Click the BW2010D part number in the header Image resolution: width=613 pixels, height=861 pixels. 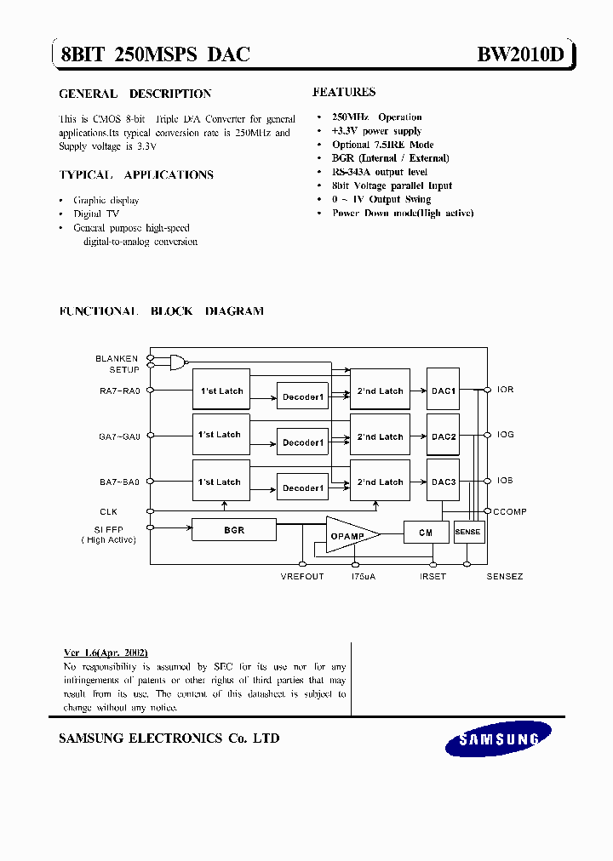[520, 55]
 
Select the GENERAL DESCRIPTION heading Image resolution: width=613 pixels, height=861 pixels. [135, 94]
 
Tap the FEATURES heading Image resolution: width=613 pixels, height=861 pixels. [344, 92]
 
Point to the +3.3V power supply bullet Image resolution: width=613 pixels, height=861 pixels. [376, 131]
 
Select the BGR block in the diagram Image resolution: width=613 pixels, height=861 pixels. [234, 530]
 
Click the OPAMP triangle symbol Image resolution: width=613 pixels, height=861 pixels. [349, 534]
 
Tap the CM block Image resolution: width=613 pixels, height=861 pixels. [426, 533]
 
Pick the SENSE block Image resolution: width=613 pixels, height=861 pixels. [467, 532]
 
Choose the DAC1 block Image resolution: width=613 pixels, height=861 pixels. [444, 391]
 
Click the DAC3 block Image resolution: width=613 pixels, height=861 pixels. [444, 482]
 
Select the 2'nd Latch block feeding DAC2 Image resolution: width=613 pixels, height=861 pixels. [380, 436]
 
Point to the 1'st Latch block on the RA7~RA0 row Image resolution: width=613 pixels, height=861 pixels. [221, 391]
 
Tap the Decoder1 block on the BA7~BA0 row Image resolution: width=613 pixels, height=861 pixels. [303, 488]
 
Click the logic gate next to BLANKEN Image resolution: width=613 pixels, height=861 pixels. [177, 362]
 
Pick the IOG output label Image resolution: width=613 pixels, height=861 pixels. [506, 435]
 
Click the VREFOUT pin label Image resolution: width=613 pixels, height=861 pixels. [302, 577]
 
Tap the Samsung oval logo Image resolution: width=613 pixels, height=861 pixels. [500, 739]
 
